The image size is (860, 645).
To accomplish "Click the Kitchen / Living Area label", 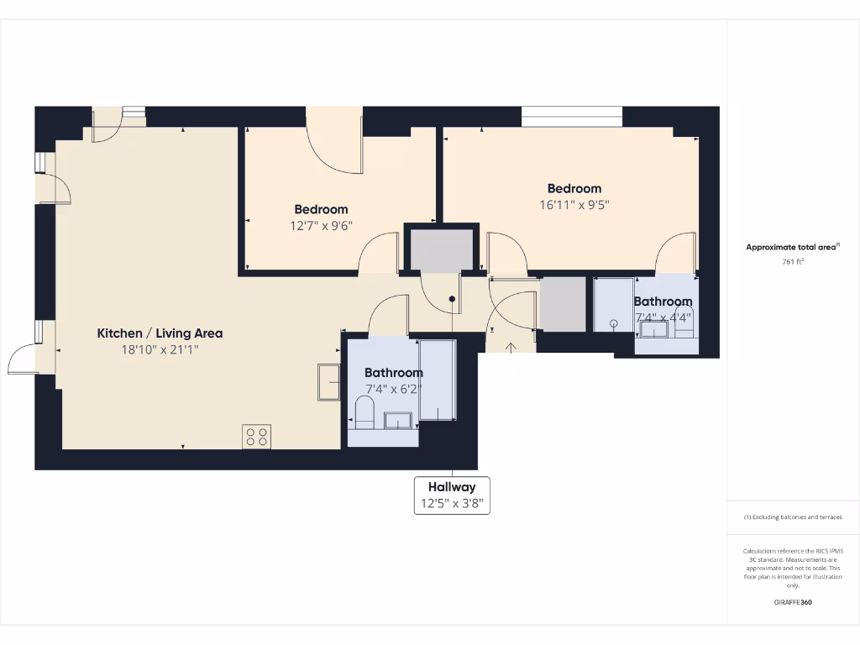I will tap(160, 333).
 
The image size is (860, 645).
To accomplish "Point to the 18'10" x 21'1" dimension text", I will tap(160, 350).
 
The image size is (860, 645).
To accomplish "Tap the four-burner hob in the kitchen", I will tap(257, 436).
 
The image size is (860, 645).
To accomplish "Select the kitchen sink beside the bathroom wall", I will tap(328, 382).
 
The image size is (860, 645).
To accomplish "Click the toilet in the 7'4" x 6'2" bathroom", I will tap(364, 413).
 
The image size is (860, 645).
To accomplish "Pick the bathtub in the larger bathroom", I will tap(437, 380).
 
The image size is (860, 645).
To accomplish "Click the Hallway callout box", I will tap(452, 496).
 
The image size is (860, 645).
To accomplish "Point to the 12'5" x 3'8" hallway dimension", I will tap(452, 505).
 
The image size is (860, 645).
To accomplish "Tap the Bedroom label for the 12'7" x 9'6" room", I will tap(321, 209).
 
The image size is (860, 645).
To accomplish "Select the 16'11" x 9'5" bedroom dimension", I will tap(574, 204).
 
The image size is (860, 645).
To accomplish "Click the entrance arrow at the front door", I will tap(511, 346).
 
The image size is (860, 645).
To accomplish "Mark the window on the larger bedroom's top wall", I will tap(572, 116).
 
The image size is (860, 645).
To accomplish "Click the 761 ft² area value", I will tap(793, 261).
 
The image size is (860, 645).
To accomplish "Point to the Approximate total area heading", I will tap(792, 247).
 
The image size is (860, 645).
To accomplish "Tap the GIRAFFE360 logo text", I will tap(793, 602).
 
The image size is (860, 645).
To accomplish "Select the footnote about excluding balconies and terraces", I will tap(793, 517).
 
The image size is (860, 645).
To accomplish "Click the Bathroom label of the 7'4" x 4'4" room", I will tap(663, 302).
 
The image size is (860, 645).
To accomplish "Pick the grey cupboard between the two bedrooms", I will tap(441, 249).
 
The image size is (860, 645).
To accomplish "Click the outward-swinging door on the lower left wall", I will tap(25, 361).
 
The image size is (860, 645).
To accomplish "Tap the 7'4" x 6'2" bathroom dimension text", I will tap(393, 389).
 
